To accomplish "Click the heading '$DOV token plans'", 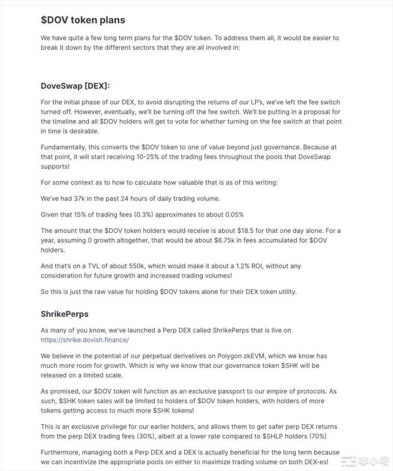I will tap(83, 20).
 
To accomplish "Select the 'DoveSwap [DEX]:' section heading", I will tap(75, 86).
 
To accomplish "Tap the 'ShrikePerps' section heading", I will tap(64, 314).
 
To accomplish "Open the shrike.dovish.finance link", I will tap(85, 340).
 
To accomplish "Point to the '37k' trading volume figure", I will tap(79, 198).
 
